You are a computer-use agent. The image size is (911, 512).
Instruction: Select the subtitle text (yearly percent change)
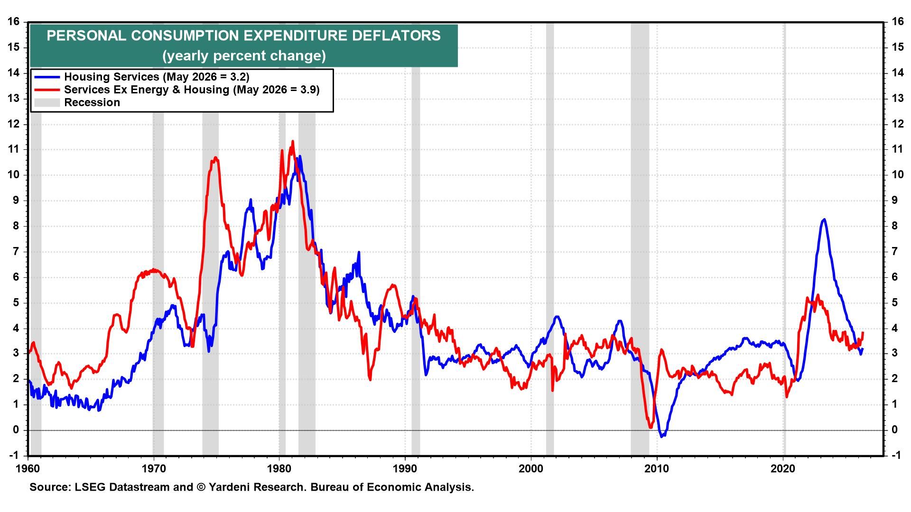tap(244, 56)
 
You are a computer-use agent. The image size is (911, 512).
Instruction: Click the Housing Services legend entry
tap(157, 77)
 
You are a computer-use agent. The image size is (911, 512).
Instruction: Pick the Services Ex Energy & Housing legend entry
tap(192, 90)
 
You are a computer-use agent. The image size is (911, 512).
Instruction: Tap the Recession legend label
tap(92, 102)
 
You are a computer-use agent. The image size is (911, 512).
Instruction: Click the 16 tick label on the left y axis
tap(13, 22)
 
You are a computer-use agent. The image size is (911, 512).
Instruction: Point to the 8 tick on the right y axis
tap(894, 226)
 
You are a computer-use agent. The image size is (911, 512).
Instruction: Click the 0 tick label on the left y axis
tap(17, 430)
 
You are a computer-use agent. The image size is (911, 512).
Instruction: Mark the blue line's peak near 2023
tap(824, 219)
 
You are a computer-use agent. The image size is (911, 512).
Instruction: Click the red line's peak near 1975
tap(215, 158)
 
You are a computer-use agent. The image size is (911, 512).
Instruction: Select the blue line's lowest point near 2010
tap(663, 436)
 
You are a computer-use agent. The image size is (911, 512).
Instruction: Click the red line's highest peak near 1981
tap(292, 141)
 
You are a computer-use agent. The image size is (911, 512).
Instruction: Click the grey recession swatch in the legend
tap(46, 102)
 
